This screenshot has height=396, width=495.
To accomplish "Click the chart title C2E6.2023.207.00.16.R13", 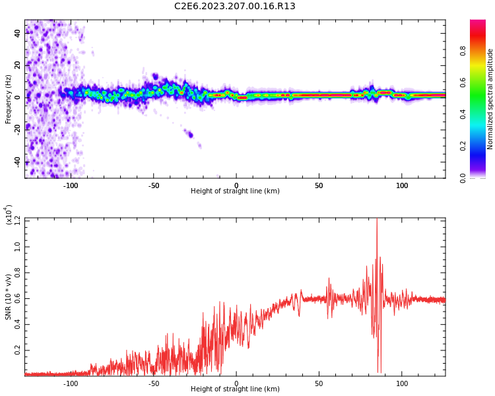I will pyautogui.click(x=235, y=7).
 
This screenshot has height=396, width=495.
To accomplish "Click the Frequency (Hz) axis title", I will pyautogui.click(x=9, y=98).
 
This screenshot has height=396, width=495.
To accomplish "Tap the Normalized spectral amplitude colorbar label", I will pyautogui.click(x=490, y=99).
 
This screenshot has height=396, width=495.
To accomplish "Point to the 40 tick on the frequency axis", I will pyautogui.click(x=18, y=33).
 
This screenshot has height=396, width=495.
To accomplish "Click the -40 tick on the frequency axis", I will pyautogui.click(x=18, y=162).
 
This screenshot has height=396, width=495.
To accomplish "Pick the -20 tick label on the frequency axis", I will pyautogui.click(x=18, y=129).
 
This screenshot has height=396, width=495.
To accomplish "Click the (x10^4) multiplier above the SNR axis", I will pyautogui.click(x=9, y=215).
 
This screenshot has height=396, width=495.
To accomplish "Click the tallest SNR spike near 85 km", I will pyautogui.click(x=377, y=220).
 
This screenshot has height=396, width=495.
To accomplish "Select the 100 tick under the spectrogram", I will pyautogui.click(x=401, y=185).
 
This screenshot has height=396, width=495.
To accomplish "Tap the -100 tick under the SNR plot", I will pyautogui.click(x=71, y=383).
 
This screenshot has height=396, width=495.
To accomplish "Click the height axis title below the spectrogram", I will pyautogui.click(x=235, y=191).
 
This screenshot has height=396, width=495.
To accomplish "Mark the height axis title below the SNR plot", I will pyautogui.click(x=235, y=389).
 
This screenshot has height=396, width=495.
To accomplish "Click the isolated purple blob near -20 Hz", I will pyautogui.click(x=190, y=135).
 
